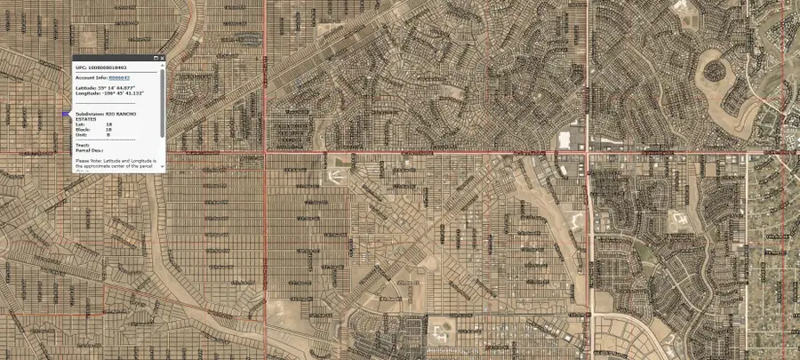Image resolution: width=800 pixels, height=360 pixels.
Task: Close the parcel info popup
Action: (163, 58)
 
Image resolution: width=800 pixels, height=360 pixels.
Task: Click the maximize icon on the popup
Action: (156, 58)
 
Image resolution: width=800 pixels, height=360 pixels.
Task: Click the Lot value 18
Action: (108, 124)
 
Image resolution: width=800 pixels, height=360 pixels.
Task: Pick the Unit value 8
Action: (108, 134)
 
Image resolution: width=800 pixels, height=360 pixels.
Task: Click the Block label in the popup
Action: (83, 130)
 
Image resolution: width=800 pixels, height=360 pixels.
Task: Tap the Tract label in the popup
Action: (82, 144)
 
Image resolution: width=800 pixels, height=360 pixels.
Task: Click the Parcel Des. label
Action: (90, 149)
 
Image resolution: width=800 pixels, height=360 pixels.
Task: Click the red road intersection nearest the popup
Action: (264, 150)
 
